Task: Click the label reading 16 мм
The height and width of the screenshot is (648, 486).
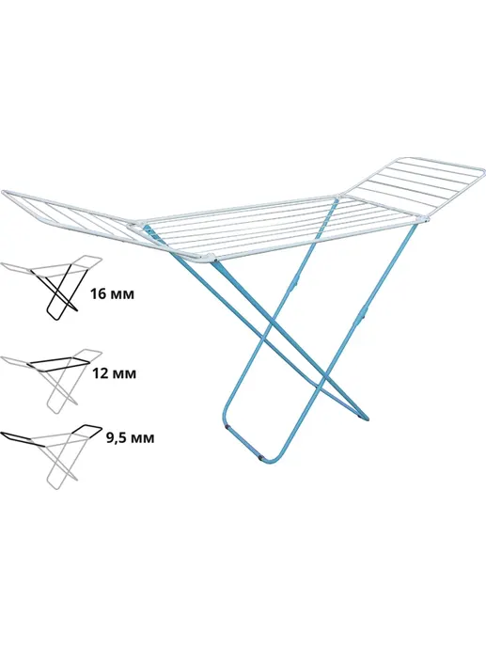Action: click(112, 294)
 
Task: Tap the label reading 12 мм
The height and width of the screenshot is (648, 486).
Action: click(112, 373)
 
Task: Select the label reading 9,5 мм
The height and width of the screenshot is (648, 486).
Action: click(130, 438)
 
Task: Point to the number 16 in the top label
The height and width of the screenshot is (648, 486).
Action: click(99, 294)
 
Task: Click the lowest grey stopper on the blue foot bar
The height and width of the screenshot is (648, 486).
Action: click(260, 457)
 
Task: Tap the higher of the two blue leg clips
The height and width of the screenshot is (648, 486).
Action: click(293, 282)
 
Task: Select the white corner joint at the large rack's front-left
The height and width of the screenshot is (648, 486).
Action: click(213, 259)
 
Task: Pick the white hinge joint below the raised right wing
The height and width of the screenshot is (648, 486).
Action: click(424, 219)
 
